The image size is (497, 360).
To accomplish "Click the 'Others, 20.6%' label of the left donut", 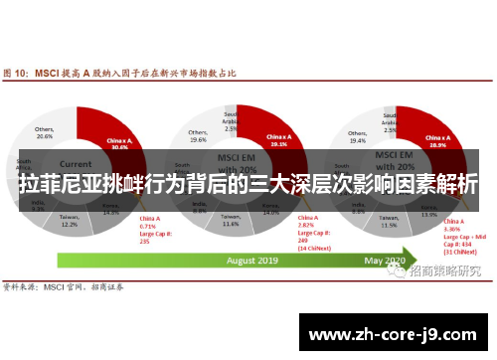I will point(44,133).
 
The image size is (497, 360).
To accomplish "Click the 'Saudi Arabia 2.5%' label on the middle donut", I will point(230,120).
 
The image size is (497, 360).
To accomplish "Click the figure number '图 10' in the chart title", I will point(17,74).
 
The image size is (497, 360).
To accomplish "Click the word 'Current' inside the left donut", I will point(75,162).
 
